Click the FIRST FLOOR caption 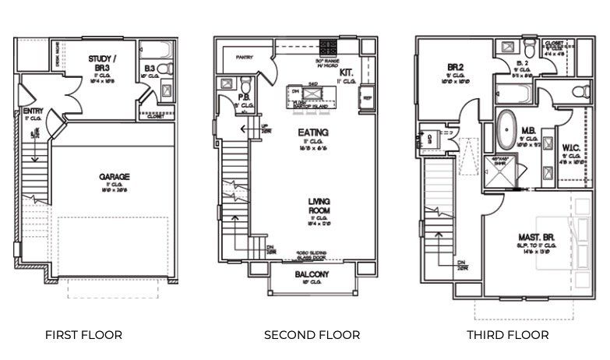83,335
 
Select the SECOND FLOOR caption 312,335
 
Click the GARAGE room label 114,177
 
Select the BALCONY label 312,274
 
